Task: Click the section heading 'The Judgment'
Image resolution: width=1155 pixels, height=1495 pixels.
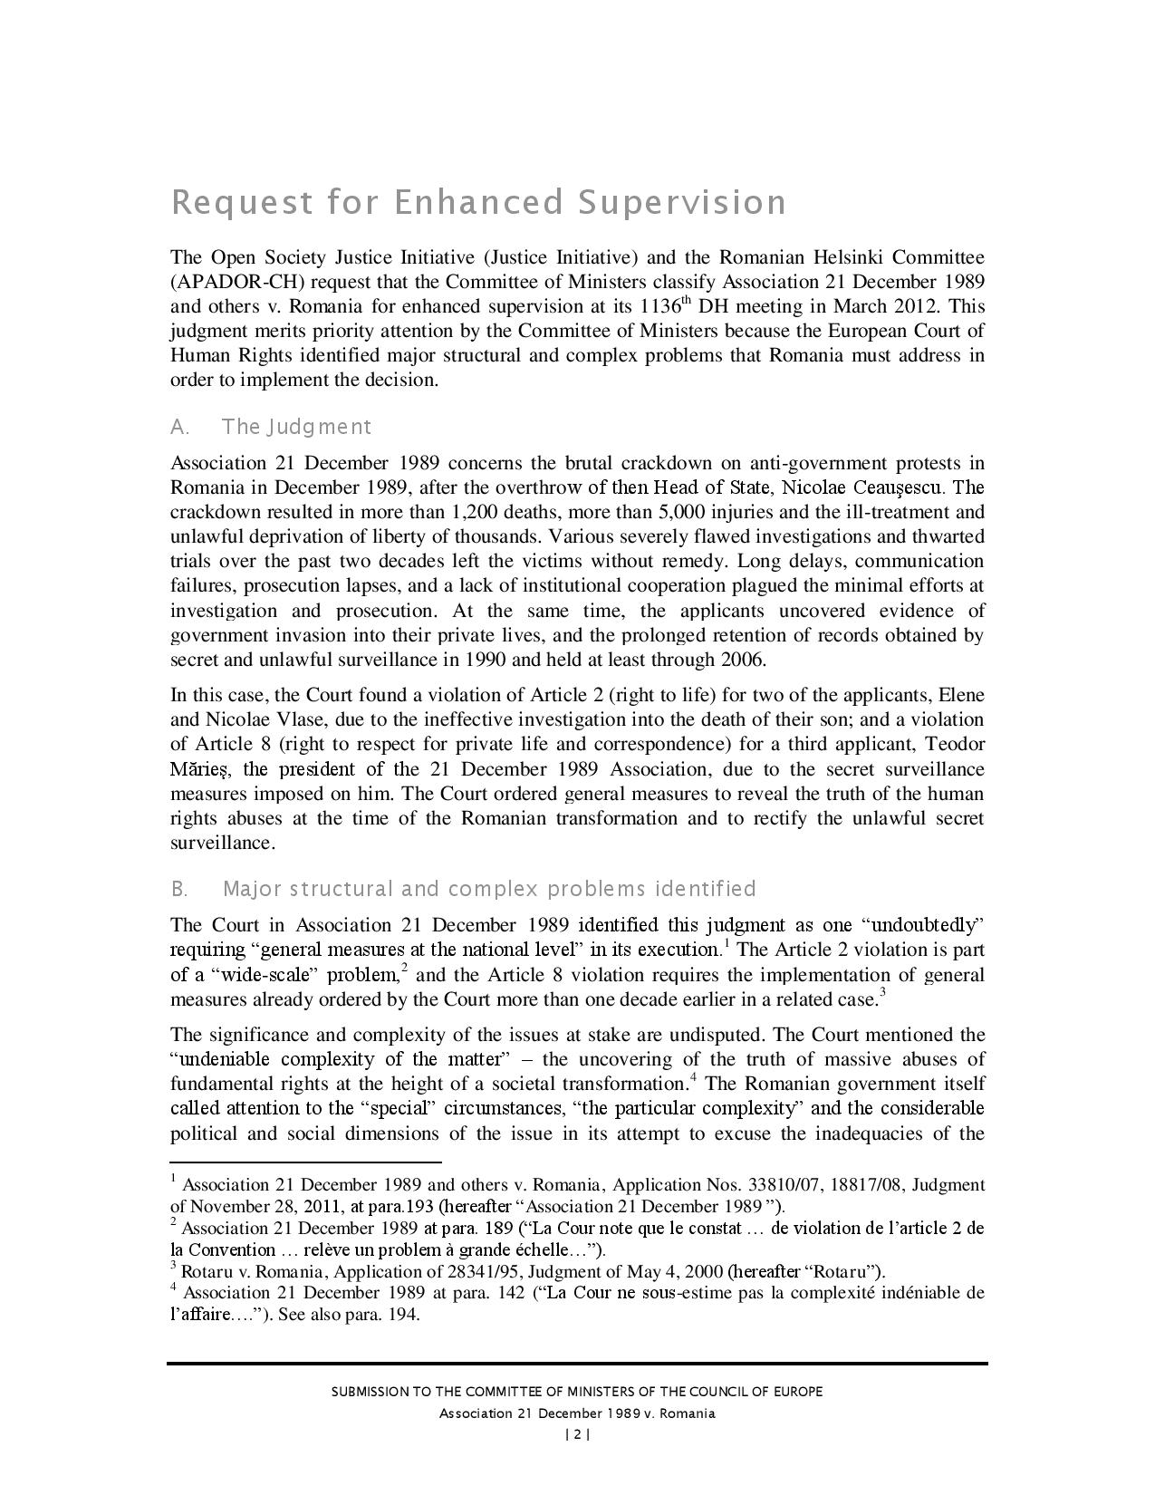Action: [296, 427]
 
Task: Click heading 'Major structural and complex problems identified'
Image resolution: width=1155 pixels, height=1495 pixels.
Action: [489, 889]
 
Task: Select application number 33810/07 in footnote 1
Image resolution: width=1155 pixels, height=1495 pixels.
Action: [785, 1185]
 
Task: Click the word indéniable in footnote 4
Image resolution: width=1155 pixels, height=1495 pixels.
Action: [917, 1293]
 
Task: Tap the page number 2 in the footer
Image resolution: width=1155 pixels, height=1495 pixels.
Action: [577, 1434]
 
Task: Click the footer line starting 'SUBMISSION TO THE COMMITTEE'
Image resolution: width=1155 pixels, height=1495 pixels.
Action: [577, 1392]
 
